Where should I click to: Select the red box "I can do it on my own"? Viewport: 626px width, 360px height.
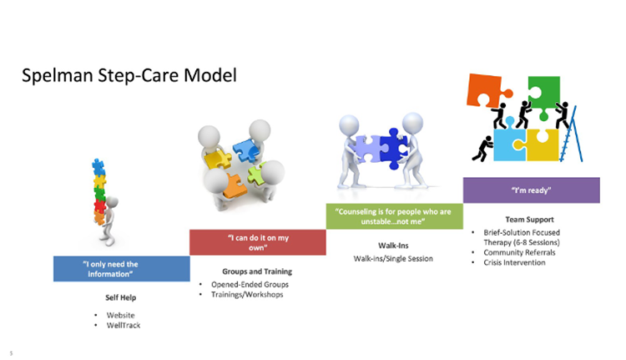point(257,242)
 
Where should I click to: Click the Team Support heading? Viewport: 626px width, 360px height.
point(530,220)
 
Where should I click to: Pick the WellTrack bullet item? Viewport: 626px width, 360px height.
point(123,324)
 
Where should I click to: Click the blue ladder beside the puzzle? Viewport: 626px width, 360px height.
point(574,138)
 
